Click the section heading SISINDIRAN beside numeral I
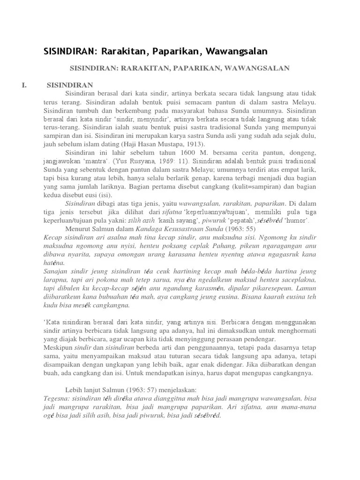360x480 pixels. pos(70,85)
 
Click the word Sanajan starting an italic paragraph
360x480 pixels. pos(56,271)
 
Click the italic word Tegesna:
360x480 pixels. pos(58,398)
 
